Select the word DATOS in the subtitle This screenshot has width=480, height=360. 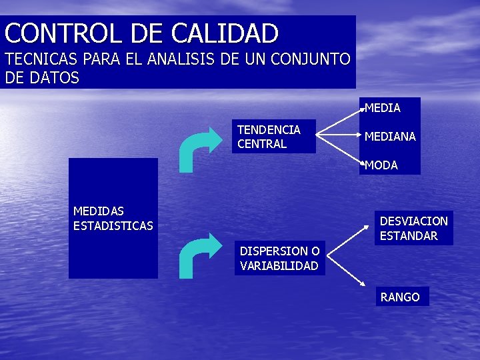click(x=54, y=78)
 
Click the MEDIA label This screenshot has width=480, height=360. click(x=383, y=107)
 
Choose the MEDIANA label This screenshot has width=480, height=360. click(x=390, y=137)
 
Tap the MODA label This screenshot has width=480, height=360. click(x=381, y=165)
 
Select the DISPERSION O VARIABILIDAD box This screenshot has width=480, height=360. click(x=279, y=259)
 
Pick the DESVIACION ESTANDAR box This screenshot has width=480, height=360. click(x=413, y=228)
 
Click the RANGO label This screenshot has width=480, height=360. click(x=400, y=297)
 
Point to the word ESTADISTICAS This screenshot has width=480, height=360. click(x=113, y=226)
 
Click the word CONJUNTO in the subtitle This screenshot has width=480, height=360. click(x=313, y=60)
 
